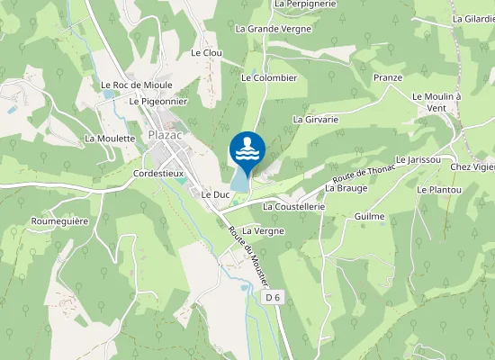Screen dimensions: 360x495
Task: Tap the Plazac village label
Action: (x=166, y=136)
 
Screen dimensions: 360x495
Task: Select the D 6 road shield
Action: (x=273, y=296)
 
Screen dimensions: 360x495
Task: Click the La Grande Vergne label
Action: (x=274, y=29)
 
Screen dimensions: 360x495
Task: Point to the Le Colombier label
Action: (x=269, y=78)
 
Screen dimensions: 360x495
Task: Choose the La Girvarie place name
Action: (x=315, y=119)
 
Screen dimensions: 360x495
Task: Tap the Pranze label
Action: (x=388, y=78)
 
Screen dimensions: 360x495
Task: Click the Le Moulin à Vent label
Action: (x=436, y=102)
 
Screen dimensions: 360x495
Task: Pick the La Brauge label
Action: (x=346, y=189)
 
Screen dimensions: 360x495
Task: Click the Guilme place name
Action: (x=370, y=217)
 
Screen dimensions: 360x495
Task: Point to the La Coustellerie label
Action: (x=293, y=206)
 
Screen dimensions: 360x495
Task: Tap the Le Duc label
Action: (x=216, y=194)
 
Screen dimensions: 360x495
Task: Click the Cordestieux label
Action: (x=158, y=173)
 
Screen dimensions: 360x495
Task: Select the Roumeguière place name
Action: (x=59, y=220)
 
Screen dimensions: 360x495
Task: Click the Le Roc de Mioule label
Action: (x=137, y=85)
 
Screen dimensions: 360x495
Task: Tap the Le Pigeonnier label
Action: (x=157, y=102)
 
